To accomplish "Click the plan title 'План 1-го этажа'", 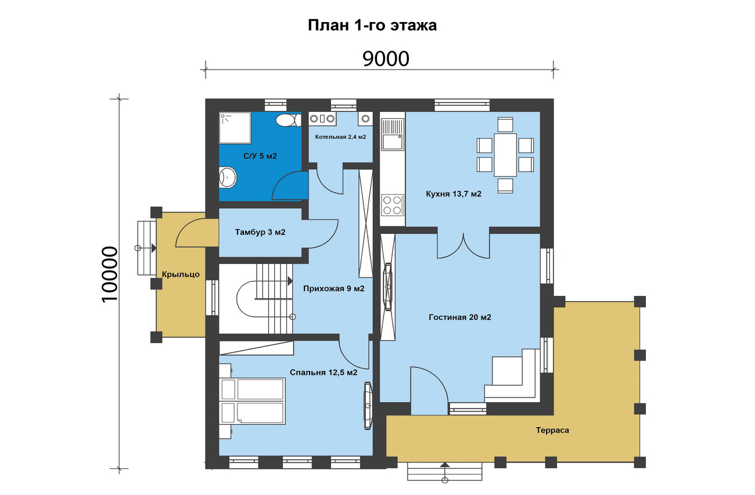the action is click(x=372, y=26).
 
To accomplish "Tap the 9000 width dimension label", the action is click(x=386, y=59).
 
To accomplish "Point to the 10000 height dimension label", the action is click(x=110, y=274).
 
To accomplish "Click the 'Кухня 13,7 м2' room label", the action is click(x=454, y=194).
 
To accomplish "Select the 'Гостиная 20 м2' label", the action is click(x=460, y=317).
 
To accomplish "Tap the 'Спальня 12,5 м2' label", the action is click(x=323, y=373).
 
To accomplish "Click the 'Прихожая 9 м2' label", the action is click(x=334, y=288).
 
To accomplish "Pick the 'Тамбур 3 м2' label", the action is click(x=260, y=232).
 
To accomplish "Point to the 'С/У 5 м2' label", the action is click(x=260, y=156).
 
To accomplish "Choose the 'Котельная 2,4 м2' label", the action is click(x=340, y=137).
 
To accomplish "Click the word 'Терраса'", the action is click(x=552, y=431).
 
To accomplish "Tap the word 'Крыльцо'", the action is click(x=181, y=274).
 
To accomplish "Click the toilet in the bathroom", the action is click(x=289, y=120).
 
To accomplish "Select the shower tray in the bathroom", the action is click(x=235, y=128).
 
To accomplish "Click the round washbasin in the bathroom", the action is click(x=228, y=178).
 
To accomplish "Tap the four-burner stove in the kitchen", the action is click(x=393, y=205).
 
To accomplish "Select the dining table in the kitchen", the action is click(x=505, y=155).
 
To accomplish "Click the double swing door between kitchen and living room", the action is click(x=463, y=246).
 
